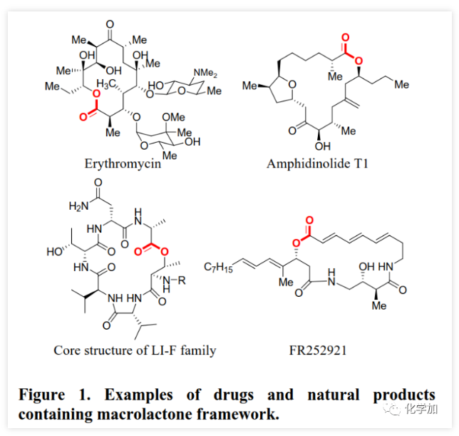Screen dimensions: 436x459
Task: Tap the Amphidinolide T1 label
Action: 319,163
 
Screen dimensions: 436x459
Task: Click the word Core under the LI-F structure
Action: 67,350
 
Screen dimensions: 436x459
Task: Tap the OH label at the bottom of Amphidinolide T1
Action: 321,146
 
